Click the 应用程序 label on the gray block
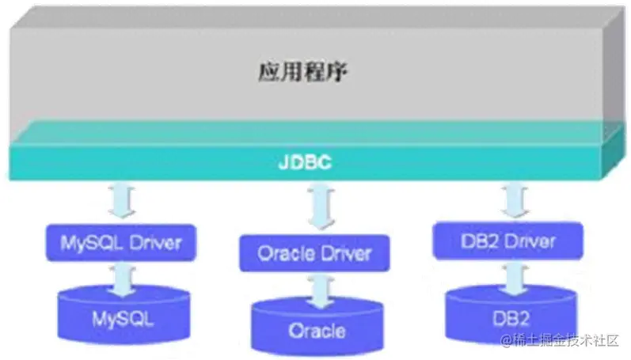[303, 74]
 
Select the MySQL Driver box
[121, 241]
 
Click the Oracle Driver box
[314, 254]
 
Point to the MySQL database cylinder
[121, 313]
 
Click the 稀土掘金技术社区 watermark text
[565, 340]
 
